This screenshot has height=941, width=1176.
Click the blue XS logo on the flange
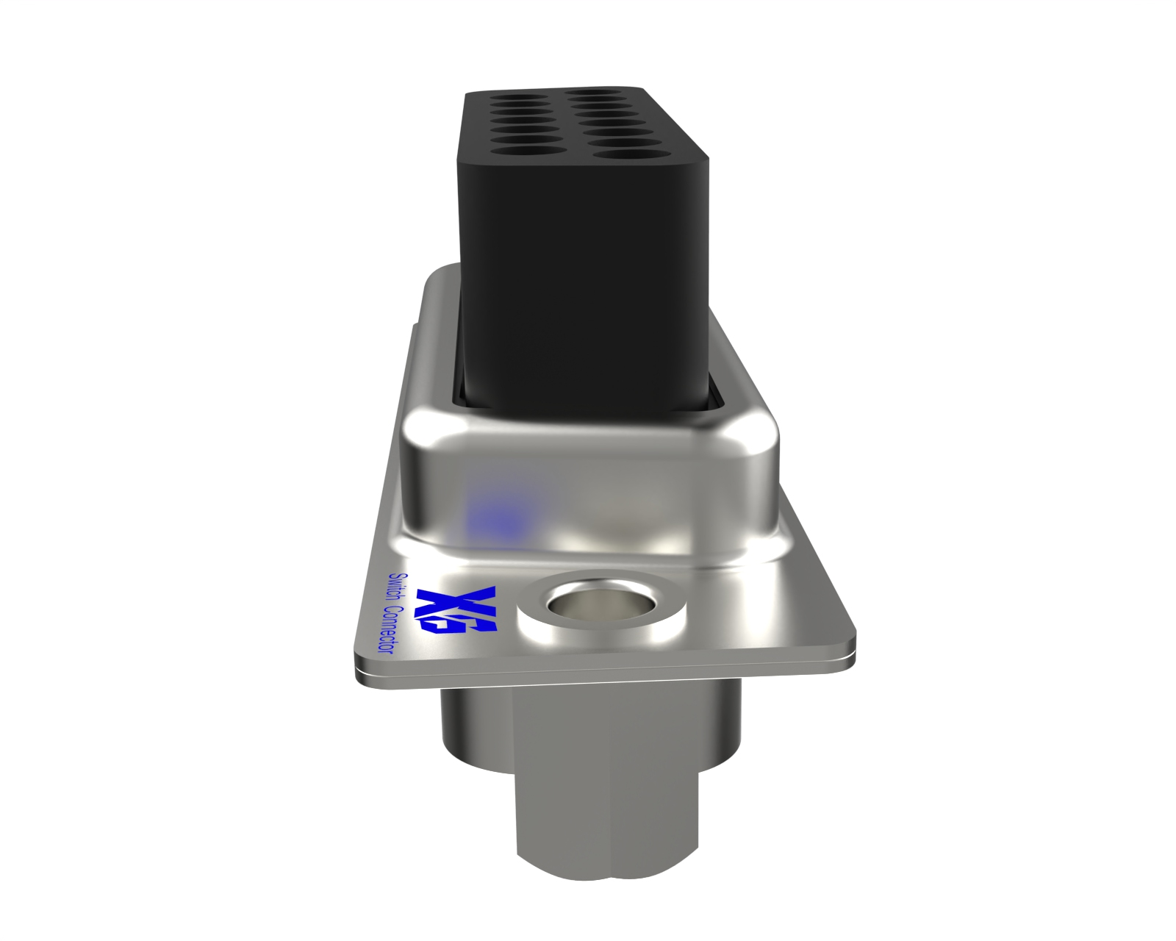pyautogui.click(x=456, y=611)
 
